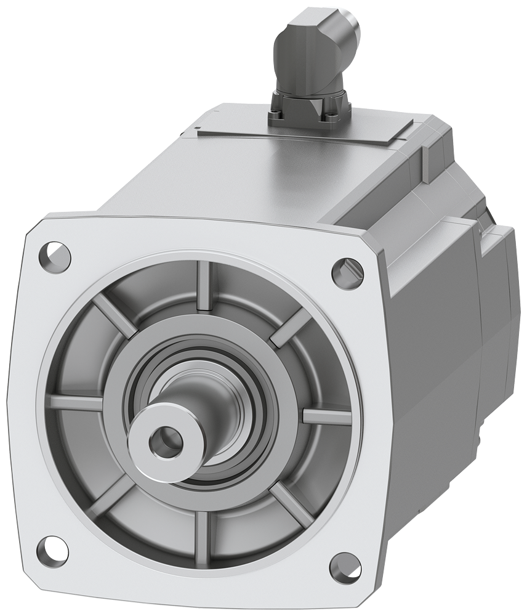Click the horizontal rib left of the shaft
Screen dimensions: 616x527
point(76,403)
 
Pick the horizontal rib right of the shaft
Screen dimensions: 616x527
point(326,416)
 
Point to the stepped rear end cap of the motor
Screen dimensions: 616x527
point(493,296)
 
